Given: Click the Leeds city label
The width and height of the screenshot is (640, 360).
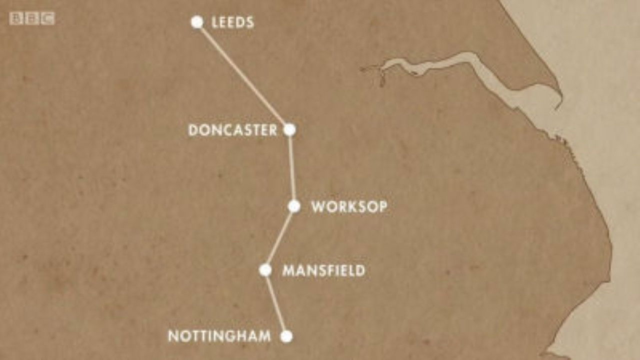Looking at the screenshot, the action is coord(232,22).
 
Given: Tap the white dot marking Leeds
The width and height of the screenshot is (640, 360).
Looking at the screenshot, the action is coord(197,22).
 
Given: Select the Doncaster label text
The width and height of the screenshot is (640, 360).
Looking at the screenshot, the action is coord(232,130).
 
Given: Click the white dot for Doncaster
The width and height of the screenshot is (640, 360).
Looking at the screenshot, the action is coord(289,130).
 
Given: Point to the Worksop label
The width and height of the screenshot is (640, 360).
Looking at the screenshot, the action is coord(349,207).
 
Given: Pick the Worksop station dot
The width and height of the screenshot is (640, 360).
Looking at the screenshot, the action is coord(294,206).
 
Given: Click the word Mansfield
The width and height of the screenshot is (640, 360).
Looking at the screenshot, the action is coord(323,271).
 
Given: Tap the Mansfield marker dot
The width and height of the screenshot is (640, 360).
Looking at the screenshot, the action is coord(265,270).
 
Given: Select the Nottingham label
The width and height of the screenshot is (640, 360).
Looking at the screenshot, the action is coord(219,336).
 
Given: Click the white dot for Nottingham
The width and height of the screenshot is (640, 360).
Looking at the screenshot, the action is coord(286,336).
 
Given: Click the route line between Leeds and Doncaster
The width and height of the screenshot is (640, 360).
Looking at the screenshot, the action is coord(243,76).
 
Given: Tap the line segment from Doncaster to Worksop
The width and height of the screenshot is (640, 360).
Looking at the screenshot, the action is coord(292,168).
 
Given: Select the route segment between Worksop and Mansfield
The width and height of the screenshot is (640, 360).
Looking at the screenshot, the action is coord(280,238).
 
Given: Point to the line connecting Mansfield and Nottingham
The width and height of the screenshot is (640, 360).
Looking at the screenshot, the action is coord(275,303).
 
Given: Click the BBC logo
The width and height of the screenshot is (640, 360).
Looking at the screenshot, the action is coord(32,18).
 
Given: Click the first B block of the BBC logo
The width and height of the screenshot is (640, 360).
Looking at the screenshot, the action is coord(16,18).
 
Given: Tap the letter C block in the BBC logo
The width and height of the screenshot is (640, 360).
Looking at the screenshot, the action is coord(48,18).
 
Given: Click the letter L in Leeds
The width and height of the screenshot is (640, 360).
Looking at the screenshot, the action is coord(215,22).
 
